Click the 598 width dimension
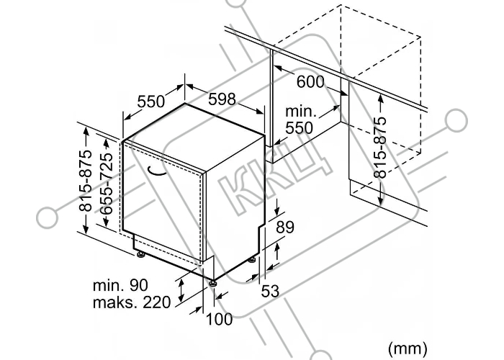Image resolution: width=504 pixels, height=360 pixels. [x=222, y=99]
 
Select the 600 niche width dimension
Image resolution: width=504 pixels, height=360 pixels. [x=310, y=81]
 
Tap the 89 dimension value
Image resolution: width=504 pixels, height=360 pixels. [x=285, y=227]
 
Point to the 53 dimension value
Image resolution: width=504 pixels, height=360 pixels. [x=270, y=291]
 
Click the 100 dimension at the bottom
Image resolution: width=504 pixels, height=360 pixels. [x=219, y=319]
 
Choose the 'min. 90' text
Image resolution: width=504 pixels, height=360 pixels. [x=120, y=285]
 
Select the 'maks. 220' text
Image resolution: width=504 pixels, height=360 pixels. [x=132, y=303]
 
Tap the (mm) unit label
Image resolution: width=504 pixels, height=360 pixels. [x=408, y=348]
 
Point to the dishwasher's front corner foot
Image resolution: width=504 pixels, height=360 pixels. [x=212, y=284]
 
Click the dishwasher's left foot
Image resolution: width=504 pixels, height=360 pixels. [x=140, y=255]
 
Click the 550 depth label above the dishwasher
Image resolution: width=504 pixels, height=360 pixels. [x=150, y=102]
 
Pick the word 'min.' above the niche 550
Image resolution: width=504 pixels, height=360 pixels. [x=301, y=112]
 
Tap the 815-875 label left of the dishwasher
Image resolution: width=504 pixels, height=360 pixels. [x=86, y=181]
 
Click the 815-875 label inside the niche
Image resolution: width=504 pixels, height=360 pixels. [x=380, y=147]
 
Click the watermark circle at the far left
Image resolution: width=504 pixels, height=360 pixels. [x=48, y=217]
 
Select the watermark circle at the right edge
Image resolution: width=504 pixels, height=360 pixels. [x=456, y=120]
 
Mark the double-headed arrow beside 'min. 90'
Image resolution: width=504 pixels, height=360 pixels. [x=181, y=290]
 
